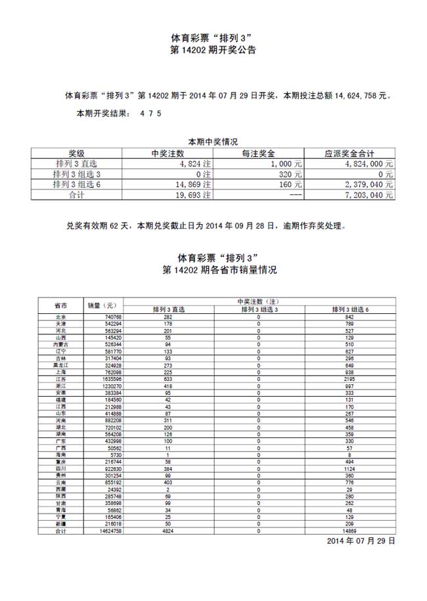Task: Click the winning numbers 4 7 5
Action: pos(150,113)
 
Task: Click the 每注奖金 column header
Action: pos(261,153)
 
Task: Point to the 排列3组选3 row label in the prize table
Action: pos(77,174)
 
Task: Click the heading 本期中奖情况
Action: pos(213,141)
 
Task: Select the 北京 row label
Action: pos(60,317)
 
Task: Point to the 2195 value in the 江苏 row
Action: pos(349,379)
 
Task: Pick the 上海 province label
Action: pos(60,372)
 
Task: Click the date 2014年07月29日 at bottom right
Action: pos(361,541)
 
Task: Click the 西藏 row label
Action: pos(60,490)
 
